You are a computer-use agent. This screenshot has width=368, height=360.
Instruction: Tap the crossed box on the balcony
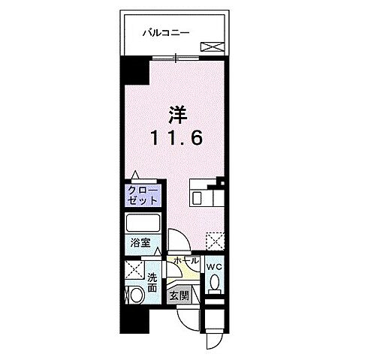point(211,46)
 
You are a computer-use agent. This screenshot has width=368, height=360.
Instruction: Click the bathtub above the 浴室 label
point(143,224)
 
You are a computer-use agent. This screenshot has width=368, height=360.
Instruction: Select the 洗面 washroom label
point(152,283)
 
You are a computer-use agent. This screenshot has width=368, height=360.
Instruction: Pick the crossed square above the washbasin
point(135,271)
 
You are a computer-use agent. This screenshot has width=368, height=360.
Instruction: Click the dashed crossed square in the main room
point(215,241)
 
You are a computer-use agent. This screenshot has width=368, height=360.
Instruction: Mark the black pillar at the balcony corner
point(134,73)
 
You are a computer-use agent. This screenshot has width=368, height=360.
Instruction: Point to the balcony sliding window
point(177,58)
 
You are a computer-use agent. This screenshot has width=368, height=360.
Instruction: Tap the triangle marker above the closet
point(134,175)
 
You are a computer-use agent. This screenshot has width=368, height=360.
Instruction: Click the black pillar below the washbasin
point(133,320)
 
